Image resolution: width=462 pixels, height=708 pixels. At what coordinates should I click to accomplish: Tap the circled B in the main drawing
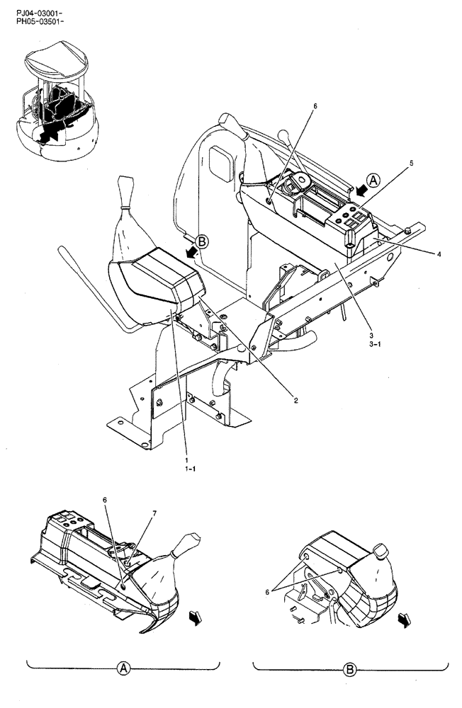[202, 242]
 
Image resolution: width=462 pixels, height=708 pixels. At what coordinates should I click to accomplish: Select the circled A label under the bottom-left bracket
[123, 668]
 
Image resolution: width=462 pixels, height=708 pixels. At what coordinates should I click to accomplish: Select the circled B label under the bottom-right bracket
[350, 668]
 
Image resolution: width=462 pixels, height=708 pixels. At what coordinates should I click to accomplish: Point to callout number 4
[440, 253]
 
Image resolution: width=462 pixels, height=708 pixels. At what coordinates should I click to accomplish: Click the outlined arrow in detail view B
[405, 620]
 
